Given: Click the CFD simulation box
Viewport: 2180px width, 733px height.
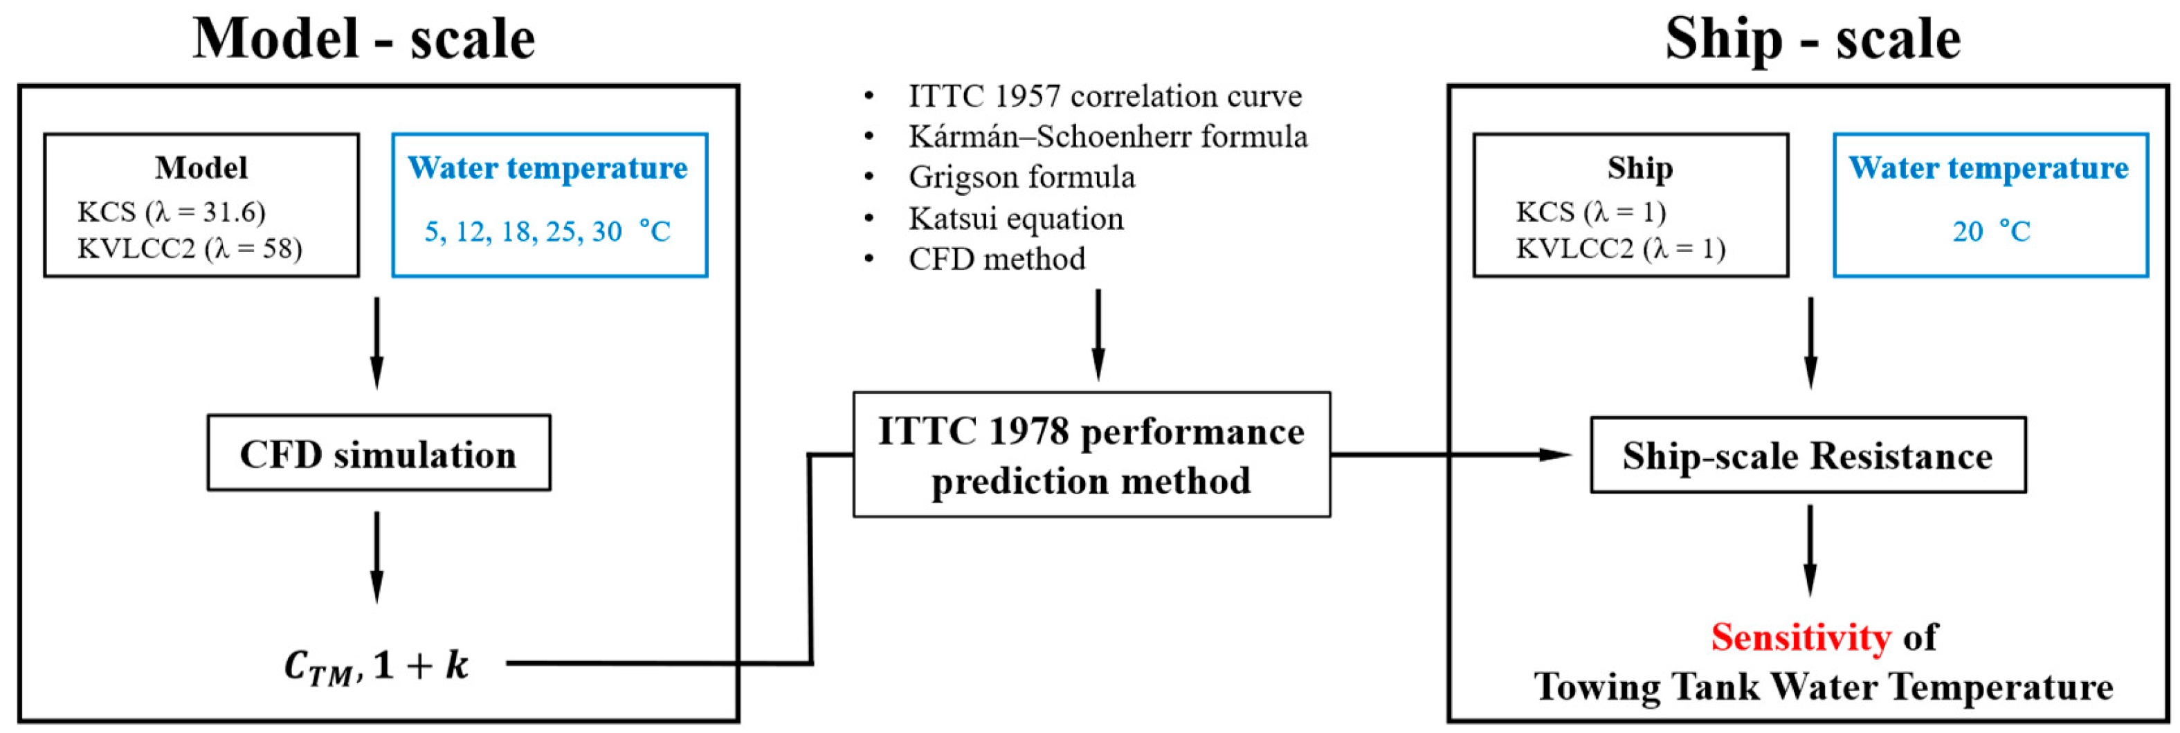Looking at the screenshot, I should pyautogui.click(x=379, y=453).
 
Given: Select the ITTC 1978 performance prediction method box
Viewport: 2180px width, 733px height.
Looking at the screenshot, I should pyautogui.click(x=1091, y=455).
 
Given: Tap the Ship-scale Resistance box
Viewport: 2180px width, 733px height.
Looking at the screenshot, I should pyautogui.click(x=1808, y=455).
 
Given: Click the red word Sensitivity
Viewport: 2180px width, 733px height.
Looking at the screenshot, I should pyautogui.click(x=1800, y=637).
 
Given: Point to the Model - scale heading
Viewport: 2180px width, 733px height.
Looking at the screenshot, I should pyautogui.click(x=364, y=39).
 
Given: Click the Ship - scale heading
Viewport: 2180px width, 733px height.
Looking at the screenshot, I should pyautogui.click(x=1812, y=39).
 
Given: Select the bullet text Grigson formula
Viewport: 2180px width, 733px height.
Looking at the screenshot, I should pyautogui.click(x=1021, y=177).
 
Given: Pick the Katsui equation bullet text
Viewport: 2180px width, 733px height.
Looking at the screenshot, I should pyautogui.click(x=1015, y=218).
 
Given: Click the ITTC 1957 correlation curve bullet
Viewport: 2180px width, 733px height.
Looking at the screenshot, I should pyautogui.click(x=1105, y=96).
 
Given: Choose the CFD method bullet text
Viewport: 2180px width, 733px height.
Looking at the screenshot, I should pyautogui.click(x=997, y=259).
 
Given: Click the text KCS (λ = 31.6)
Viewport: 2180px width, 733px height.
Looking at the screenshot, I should pyautogui.click(x=171, y=212).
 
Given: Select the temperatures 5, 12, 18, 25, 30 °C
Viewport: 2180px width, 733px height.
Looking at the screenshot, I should pyautogui.click(x=547, y=231).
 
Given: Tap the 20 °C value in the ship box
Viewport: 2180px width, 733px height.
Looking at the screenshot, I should pyautogui.click(x=1990, y=231).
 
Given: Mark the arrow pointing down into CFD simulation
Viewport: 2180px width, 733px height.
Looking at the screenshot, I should pyautogui.click(x=376, y=343).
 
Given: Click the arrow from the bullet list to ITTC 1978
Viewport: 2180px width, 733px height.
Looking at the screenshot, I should pyautogui.click(x=1098, y=335).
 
